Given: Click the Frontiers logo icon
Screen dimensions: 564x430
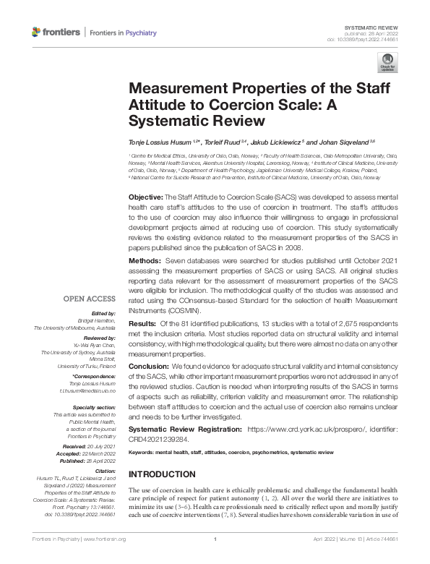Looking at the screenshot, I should pyautogui.click(x=37, y=33).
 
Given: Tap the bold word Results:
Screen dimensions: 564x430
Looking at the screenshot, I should pyautogui.click(x=143, y=323).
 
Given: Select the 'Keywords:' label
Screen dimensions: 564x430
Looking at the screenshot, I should pyautogui.click(x=142, y=451).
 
